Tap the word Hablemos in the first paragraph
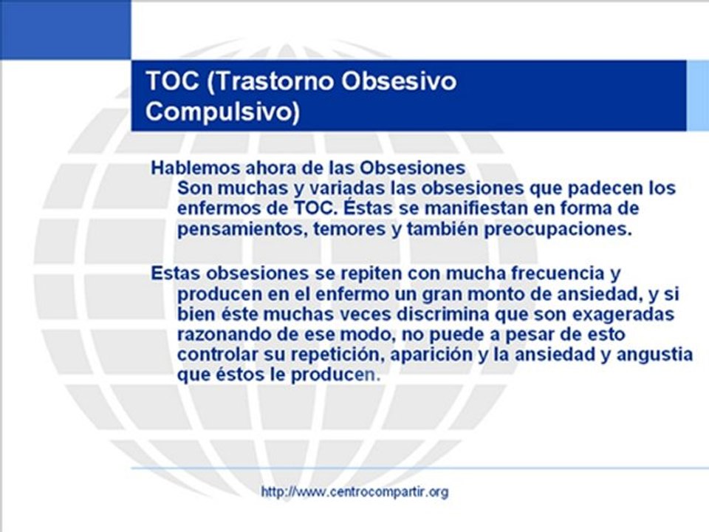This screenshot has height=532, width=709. pyautogui.click(x=184, y=167)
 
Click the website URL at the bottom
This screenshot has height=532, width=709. pyautogui.click(x=354, y=491)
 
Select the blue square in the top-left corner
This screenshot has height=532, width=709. pyautogui.click(x=65, y=30)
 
